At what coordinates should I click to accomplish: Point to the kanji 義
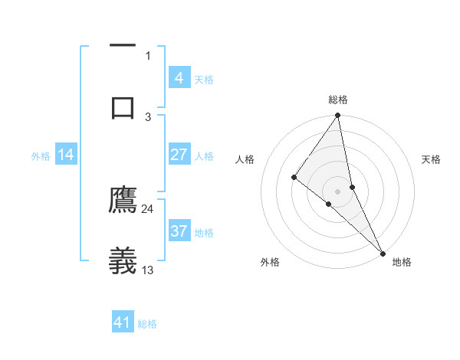123,260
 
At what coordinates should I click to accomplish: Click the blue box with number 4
179,78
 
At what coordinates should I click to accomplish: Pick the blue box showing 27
179,155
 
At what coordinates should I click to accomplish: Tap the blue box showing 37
179,231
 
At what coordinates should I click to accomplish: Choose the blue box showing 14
65,155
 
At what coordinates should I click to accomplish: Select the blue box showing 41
123,322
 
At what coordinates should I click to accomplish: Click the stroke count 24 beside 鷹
148,208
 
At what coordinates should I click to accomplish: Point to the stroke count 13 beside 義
148,270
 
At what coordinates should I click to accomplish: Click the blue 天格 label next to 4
204,80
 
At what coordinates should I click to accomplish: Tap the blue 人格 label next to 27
204,156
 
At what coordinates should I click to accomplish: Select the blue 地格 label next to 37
204,233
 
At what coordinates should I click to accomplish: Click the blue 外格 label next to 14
41,156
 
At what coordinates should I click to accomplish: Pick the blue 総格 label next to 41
147,324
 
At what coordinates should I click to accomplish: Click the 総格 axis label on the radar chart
338,100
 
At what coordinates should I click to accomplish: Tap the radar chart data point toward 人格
294,177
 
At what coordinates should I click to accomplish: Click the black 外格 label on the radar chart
270,262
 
